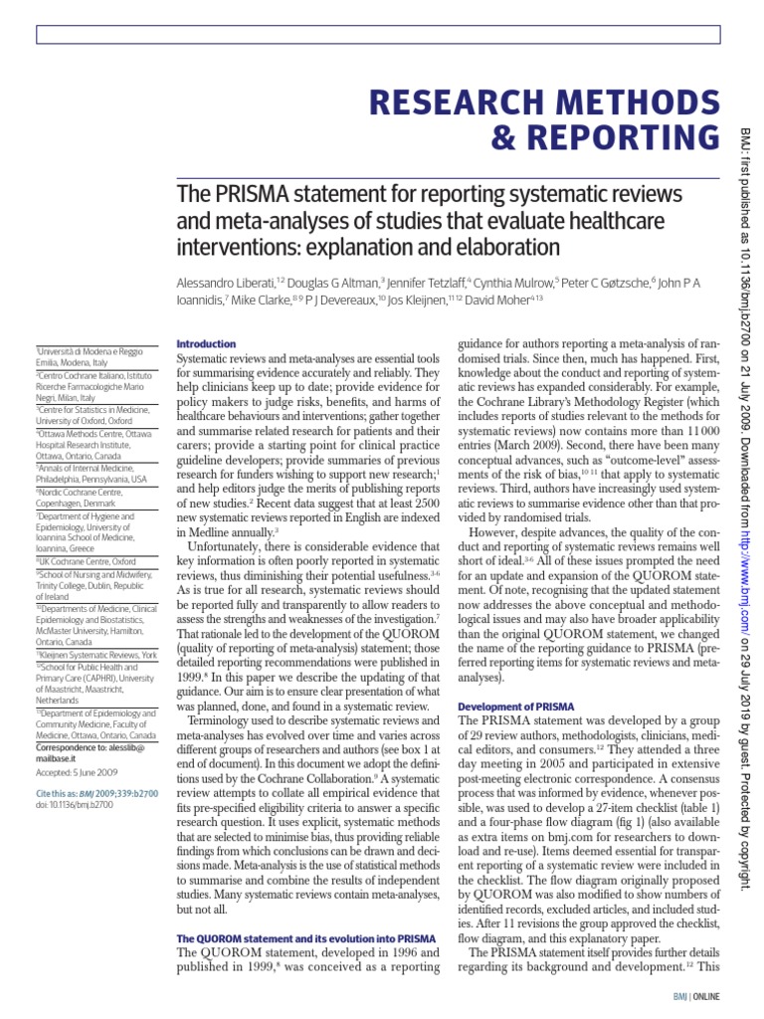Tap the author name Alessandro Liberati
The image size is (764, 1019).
pyautogui.click(x=225, y=284)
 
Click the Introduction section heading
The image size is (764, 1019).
pyautogui.click(x=206, y=342)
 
